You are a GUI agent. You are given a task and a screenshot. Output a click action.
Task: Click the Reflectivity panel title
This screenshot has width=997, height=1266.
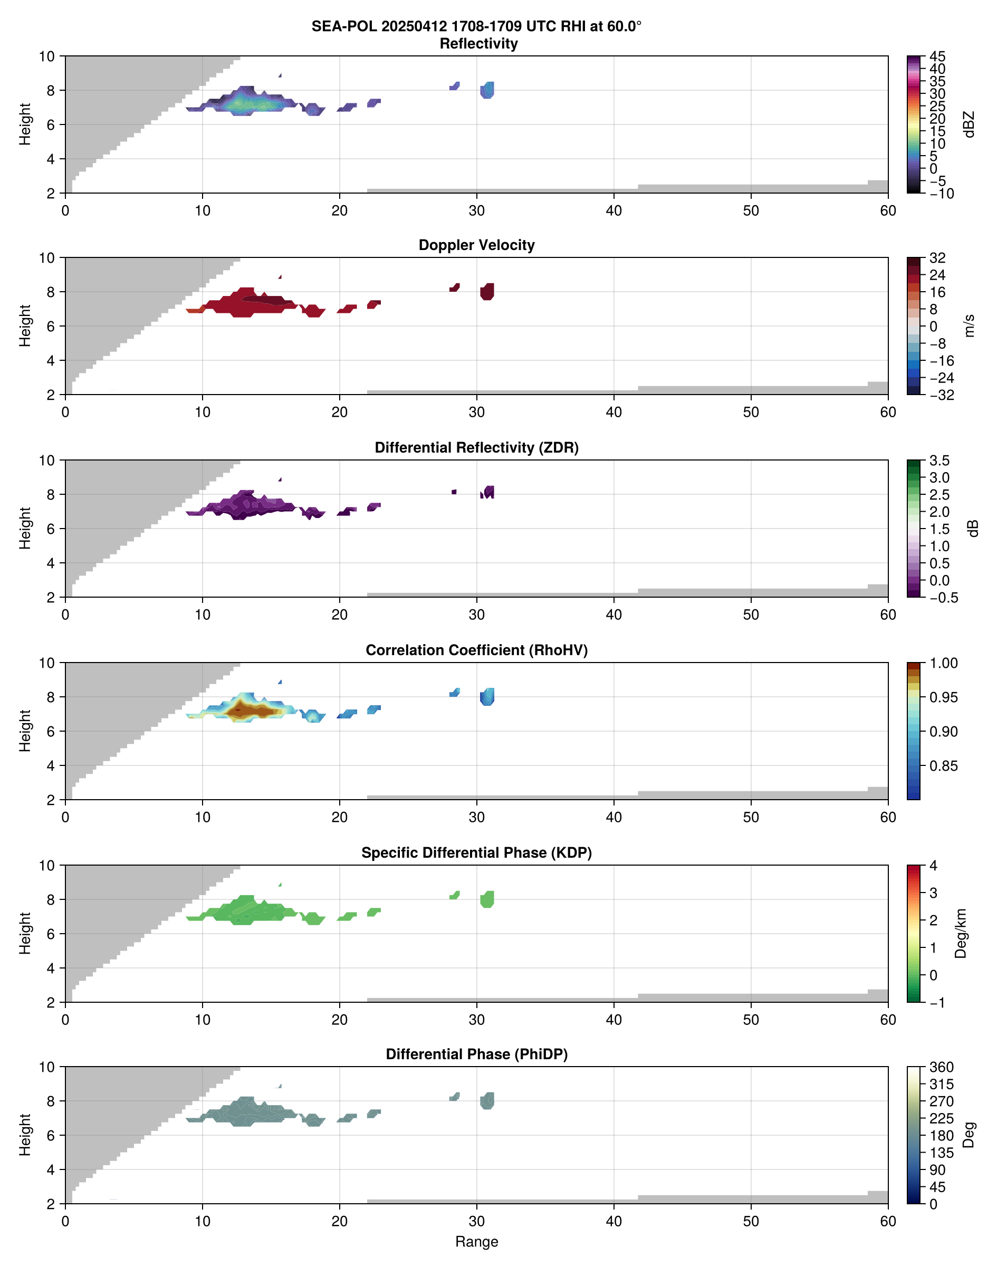[478, 44]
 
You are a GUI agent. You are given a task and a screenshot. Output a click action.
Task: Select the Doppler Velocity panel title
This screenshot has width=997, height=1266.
[476, 245]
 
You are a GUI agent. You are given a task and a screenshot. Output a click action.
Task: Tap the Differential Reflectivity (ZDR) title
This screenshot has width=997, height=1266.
[476, 448]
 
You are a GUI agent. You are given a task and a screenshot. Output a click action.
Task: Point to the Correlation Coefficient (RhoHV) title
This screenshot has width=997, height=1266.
[476, 650]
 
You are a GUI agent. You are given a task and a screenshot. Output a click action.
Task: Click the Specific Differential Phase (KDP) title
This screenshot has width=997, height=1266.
[476, 853]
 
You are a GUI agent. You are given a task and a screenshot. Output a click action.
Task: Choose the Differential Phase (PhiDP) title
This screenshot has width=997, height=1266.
[476, 1054]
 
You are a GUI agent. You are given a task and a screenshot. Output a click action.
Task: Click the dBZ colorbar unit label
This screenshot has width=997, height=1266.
[969, 124]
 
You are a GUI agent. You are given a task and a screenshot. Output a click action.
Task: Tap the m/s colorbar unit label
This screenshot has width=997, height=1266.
[969, 325]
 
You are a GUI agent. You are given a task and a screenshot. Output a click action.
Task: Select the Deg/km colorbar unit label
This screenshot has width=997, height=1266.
[961, 933]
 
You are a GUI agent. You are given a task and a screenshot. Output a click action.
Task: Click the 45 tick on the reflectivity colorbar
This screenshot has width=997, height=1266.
[937, 56]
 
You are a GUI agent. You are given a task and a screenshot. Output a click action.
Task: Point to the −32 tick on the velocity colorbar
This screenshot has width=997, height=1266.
[941, 395]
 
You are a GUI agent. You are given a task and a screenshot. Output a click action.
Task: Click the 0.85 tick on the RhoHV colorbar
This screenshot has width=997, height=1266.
[943, 766]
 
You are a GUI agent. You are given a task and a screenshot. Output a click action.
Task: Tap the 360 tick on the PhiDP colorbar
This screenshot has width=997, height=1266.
[941, 1067]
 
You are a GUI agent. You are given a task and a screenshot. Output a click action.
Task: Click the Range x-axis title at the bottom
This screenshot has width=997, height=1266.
[476, 1242]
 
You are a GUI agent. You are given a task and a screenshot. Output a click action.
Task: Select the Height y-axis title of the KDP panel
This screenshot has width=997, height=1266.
[24, 933]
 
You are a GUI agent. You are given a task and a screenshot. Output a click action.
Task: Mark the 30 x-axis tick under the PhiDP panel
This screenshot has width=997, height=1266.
[476, 1221]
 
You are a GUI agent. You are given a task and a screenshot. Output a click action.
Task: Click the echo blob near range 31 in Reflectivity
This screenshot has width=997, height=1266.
[487, 90]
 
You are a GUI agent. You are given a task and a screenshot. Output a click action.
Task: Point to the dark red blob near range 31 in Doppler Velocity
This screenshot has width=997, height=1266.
[487, 291]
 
